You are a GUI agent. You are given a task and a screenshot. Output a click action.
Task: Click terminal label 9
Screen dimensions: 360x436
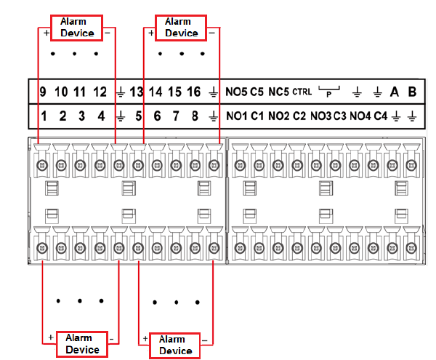click(x=43, y=92)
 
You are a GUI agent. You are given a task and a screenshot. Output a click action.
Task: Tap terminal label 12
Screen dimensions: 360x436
click(x=100, y=92)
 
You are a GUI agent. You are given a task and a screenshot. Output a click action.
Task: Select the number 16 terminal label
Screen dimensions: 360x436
click(x=193, y=92)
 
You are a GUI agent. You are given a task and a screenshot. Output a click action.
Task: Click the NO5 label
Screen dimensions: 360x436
click(x=237, y=92)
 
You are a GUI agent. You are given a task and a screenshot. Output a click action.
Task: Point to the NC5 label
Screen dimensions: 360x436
click(x=279, y=92)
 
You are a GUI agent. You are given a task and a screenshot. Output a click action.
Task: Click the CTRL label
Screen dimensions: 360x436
click(x=302, y=92)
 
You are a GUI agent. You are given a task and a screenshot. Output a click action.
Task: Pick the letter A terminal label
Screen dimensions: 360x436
click(x=395, y=92)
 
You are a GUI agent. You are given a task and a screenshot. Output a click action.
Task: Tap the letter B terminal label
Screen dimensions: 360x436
click(x=412, y=92)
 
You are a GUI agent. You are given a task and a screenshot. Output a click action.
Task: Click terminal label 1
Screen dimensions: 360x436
click(x=44, y=116)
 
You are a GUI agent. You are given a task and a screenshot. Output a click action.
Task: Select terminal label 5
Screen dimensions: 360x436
click(x=138, y=116)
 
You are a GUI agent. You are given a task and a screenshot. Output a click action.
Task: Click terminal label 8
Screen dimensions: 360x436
click(x=194, y=116)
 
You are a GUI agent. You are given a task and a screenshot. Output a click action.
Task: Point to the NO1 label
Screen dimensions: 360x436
click(x=237, y=116)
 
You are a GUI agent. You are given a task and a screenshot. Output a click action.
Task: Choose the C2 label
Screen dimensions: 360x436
click(x=299, y=116)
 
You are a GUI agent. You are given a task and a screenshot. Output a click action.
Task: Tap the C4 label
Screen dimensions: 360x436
click(x=381, y=116)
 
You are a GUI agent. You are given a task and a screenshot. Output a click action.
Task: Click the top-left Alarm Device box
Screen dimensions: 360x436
click(x=76, y=27)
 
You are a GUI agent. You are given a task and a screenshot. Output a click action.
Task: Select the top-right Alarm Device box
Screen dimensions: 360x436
click(x=181, y=27)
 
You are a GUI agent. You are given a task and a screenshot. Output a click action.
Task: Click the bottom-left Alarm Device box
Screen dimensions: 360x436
click(x=82, y=343)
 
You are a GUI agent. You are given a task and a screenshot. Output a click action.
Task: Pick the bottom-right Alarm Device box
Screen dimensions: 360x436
click(x=175, y=345)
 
